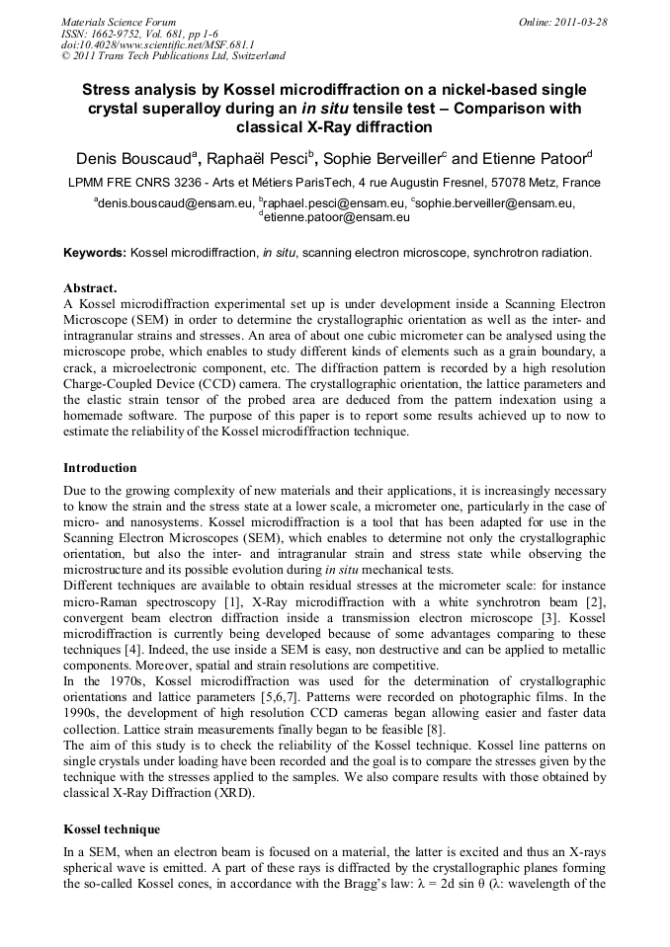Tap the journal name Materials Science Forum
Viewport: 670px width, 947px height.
pyautogui.click(x=119, y=22)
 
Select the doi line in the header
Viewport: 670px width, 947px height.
pyautogui.click(x=157, y=44)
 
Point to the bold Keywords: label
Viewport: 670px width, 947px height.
pyautogui.click(x=95, y=253)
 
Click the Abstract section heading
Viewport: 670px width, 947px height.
pyautogui.click(x=90, y=288)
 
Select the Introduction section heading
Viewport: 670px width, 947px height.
pyautogui.click(x=100, y=467)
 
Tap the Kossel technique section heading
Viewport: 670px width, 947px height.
pyautogui.click(x=112, y=829)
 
